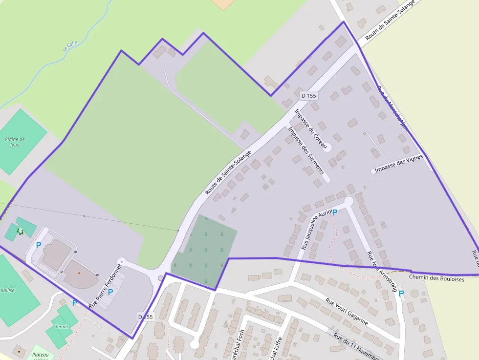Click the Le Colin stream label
(70, 45)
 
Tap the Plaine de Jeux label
(15, 142)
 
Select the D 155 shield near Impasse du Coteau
(308, 96)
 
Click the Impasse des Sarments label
(306, 150)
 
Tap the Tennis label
(62, 326)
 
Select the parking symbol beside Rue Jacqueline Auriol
(335, 212)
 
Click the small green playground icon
(20, 231)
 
